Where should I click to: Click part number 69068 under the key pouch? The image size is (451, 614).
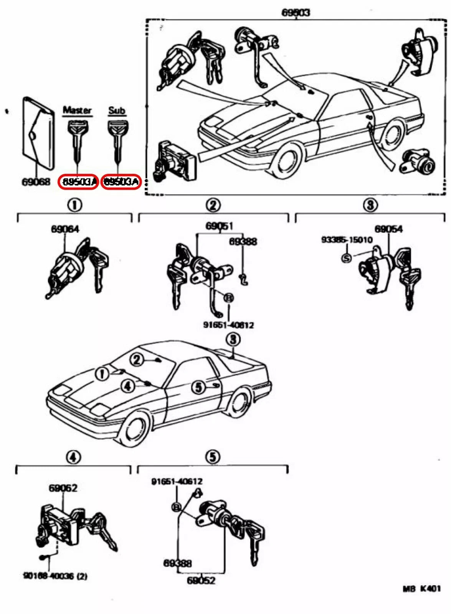click(x=36, y=182)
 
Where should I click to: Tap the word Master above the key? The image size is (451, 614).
click(x=77, y=110)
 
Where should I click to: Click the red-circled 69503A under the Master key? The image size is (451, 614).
click(x=79, y=182)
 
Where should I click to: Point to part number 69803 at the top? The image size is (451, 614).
click(x=296, y=12)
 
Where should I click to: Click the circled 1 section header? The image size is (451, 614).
click(x=74, y=205)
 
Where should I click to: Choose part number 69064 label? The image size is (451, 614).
click(x=65, y=229)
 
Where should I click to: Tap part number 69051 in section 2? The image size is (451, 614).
click(x=219, y=226)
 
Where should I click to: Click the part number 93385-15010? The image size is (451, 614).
click(x=347, y=240)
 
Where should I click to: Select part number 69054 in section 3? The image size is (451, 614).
click(x=388, y=229)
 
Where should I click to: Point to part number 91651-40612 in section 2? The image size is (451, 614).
click(x=228, y=325)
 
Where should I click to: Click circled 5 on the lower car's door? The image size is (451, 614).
click(x=198, y=387)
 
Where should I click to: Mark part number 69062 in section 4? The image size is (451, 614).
click(x=63, y=488)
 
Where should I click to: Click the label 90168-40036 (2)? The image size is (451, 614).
click(x=55, y=576)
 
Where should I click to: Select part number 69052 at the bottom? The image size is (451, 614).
click(x=201, y=580)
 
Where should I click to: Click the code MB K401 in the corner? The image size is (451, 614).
click(x=421, y=588)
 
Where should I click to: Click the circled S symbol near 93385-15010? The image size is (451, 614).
click(x=346, y=258)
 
